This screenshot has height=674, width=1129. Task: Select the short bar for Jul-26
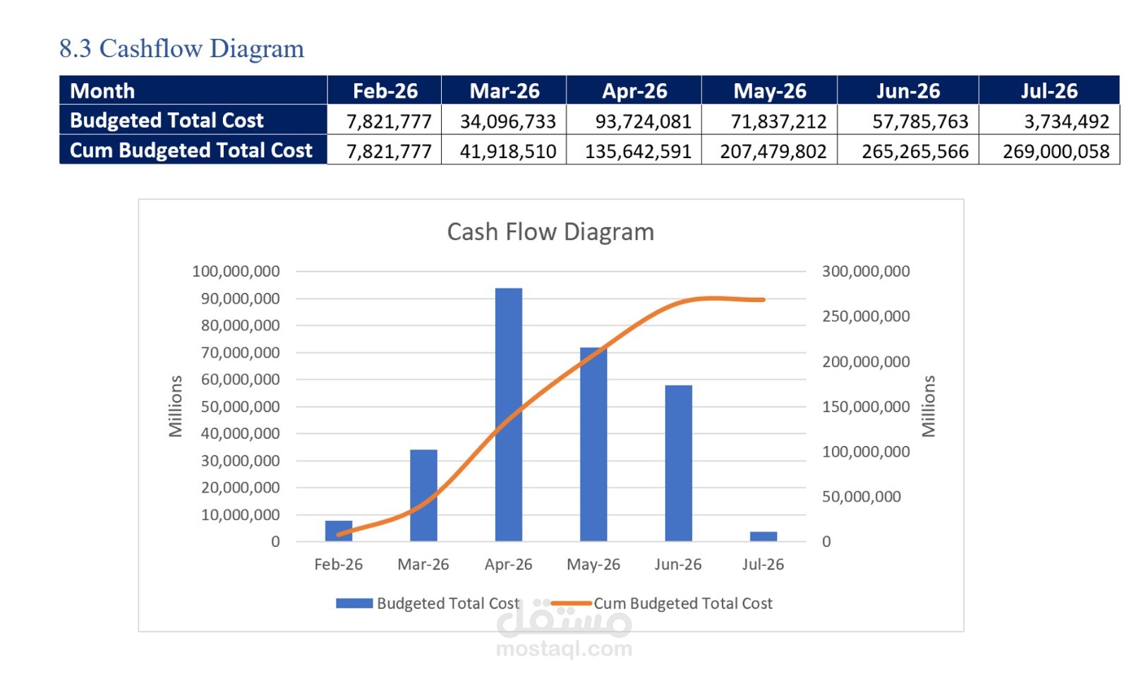[x=763, y=536]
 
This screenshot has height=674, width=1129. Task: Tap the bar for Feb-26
[x=339, y=531]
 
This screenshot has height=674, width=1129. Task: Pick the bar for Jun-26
[x=678, y=463]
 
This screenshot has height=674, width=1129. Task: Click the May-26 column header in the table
[x=769, y=91]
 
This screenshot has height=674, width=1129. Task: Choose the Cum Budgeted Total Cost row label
[x=191, y=150]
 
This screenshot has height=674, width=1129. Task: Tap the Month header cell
[x=102, y=91]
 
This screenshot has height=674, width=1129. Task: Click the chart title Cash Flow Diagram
[x=550, y=232]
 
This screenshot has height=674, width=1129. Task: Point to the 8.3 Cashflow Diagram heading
[x=181, y=49]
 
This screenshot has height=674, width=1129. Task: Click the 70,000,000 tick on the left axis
[x=240, y=353]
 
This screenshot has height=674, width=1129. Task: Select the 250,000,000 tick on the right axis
[x=866, y=316]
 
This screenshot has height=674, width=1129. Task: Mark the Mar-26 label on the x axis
[x=423, y=565]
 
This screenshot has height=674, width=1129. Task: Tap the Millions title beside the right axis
[x=929, y=406]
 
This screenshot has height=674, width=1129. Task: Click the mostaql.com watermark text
[x=564, y=649]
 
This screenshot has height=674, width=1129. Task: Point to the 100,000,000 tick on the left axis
[x=236, y=272]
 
